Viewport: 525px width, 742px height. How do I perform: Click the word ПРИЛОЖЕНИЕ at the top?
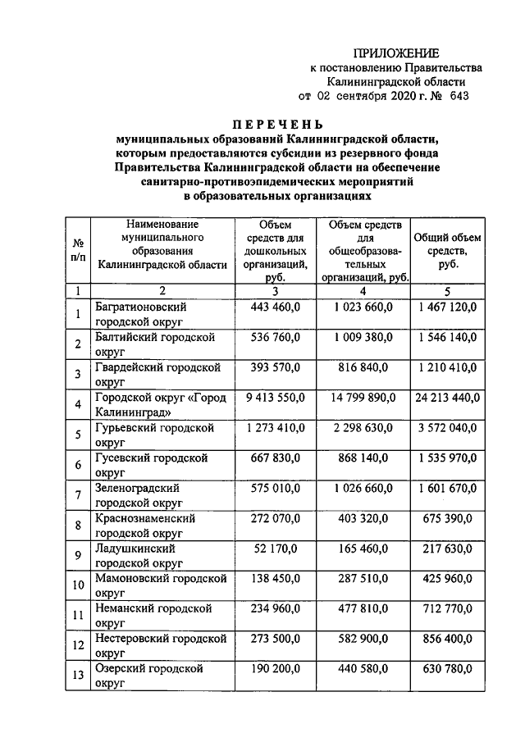pos(396,52)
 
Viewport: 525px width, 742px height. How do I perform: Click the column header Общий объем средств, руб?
pos(447,250)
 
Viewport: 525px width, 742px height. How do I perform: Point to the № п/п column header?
pos(79,250)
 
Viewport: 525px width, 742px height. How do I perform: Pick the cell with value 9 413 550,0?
pos(275,398)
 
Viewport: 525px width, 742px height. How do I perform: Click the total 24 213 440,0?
pos(447,398)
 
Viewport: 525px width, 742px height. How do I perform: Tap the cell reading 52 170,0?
pos(275,549)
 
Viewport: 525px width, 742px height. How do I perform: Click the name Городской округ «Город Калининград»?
pos(159,405)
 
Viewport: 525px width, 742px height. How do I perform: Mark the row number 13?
pos(78,676)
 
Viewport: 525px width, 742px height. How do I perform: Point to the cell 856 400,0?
pos(447,639)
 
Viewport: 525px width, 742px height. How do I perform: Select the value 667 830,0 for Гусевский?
pos(275,458)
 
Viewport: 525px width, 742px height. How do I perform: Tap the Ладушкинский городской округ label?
pos(136,555)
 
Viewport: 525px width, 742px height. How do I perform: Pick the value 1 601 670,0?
pos(447,489)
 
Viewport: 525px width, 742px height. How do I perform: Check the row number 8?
pos(78,526)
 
